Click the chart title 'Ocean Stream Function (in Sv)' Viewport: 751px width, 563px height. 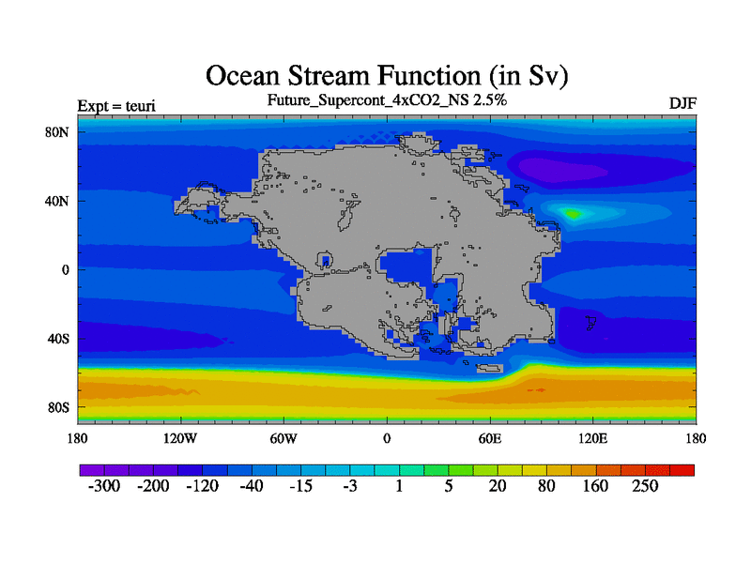(387, 76)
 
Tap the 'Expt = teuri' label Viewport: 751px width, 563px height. (116, 105)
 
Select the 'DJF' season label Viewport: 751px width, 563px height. (682, 103)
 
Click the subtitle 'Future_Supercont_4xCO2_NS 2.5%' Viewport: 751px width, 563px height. (387, 100)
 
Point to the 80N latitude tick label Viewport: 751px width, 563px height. (57, 132)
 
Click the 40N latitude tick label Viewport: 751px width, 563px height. (57, 201)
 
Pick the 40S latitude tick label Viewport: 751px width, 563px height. (58, 339)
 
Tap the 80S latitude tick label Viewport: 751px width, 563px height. (58, 408)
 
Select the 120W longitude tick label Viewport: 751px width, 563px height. (180, 438)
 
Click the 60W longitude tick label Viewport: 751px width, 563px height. (284, 438)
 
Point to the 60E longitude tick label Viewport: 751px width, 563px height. (490, 438)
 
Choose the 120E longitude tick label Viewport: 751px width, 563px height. (593, 438)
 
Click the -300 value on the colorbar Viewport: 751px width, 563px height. (104, 486)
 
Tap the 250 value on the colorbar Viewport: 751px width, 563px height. (645, 486)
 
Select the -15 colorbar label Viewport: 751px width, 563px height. (300, 486)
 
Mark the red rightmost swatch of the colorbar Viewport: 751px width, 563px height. (682, 470)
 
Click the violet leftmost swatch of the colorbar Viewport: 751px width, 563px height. (92, 470)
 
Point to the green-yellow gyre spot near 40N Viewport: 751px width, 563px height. (573, 213)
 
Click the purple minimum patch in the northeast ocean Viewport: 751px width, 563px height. (561, 168)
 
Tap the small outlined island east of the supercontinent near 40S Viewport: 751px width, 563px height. (591, 323)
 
